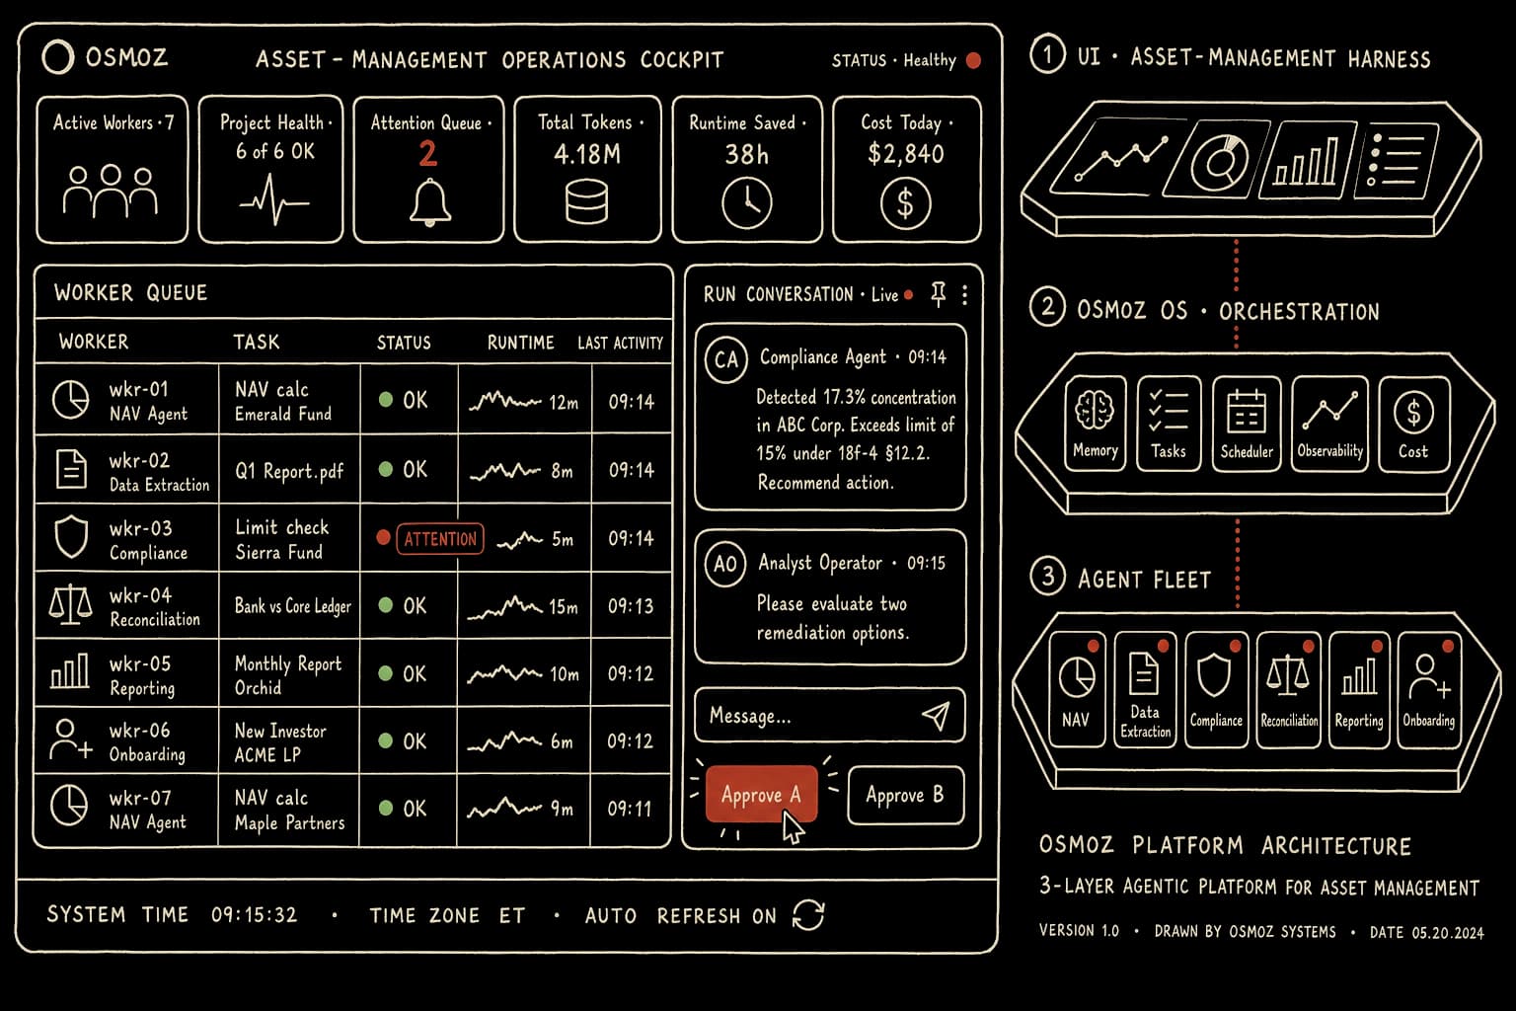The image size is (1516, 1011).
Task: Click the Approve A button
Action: [x=761, y=794]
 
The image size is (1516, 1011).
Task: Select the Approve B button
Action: [x=905, y=795]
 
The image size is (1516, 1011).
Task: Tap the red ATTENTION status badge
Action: [x=440, y=539]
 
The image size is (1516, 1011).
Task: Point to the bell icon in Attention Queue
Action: [x=429, y=202]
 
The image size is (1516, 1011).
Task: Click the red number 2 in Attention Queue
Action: [x=427, y=154]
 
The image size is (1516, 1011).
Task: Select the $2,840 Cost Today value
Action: [x=905, y=154]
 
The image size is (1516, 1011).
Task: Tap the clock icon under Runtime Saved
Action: [x=746, y=203]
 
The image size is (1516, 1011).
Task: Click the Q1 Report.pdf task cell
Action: [x=289, y=471]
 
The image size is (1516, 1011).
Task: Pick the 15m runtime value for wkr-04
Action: [x=564, y=607]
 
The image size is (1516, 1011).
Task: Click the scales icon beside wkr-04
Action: [x=70, y=604]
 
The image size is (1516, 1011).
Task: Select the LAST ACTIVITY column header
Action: [x=620, y=344]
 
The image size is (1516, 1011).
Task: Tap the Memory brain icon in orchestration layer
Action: [x=1095, y=411]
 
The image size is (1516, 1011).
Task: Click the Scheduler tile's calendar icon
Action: [x=1246, y=411]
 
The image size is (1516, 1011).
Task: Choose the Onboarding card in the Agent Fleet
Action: [x=1429, y=689]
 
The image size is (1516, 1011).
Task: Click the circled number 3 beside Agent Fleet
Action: [x=1047, y=577]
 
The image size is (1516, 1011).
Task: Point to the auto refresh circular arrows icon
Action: [x=808, y=915]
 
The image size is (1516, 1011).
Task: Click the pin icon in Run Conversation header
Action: [x=938, y=294]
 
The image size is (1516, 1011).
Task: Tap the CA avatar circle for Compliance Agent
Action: [x=726, y=359]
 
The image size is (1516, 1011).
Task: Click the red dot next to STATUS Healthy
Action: [x=974, y=60]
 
